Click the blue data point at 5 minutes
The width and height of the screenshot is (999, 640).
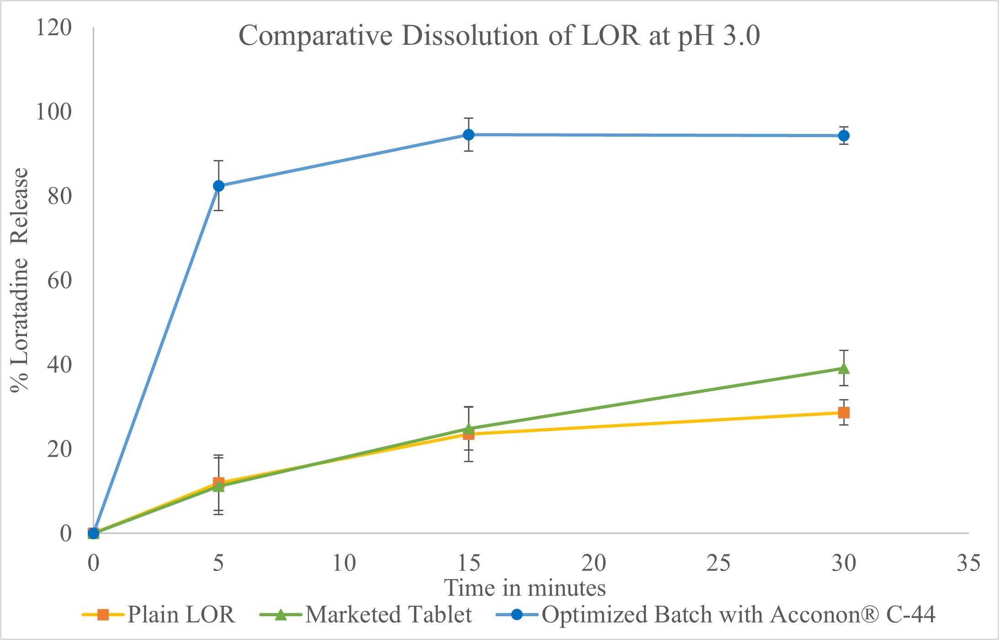[x=218, y=186]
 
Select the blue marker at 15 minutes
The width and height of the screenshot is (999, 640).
[x=468, y=135]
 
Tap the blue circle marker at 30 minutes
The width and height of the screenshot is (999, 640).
[x=844, y=136]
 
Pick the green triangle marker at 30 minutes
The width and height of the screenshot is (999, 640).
[x=844, y=368]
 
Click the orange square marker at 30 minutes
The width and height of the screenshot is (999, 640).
[x=844, y=413]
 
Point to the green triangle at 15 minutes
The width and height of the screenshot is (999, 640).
[x=468, y=428]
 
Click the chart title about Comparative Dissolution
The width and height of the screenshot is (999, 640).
[x=499, y=36]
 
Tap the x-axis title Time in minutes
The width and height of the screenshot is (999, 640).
[x=525, y=588]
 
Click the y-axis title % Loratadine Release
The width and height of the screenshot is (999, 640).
[x=20, y=280]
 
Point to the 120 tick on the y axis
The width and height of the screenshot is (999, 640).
[x=54, y=27]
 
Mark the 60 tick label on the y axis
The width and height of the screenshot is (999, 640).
[x=59, y=280]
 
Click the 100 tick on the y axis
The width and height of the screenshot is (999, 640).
[x=54, y=112]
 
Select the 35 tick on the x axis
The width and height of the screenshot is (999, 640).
[x=968, y=563]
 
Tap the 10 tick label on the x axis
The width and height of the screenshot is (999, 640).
[x=344, y=563]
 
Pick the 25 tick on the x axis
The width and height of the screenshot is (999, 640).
[x=718, y=563]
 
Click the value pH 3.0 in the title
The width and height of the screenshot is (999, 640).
[x=718, y=36]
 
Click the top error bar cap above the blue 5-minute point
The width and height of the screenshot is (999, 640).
[x=218, y=161]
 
